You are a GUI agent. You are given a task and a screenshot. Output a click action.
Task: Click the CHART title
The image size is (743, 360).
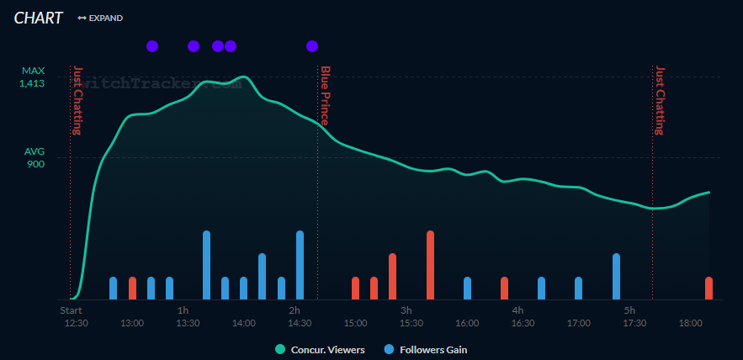38,18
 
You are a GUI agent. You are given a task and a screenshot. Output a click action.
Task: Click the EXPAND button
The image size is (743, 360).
100,18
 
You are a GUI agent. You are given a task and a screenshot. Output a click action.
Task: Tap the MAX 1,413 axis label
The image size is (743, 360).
34,77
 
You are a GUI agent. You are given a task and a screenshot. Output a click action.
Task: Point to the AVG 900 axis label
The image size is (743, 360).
34,157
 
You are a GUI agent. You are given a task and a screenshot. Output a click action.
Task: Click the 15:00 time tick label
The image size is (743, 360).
355,323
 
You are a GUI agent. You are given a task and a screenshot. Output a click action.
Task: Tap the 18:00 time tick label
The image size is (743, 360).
690,323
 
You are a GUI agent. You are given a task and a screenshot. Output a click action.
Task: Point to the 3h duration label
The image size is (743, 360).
406,310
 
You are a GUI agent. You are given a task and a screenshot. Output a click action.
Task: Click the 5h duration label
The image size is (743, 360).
629,310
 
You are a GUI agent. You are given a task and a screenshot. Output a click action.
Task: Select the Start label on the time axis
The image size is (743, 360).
71,310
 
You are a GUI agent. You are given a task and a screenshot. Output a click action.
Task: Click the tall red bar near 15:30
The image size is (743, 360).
430,265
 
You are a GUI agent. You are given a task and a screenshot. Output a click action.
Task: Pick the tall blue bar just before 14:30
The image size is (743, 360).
300,265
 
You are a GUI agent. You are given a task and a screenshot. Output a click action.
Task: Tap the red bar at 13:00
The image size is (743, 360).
132,288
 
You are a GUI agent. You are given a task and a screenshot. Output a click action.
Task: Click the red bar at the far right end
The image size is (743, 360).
709,288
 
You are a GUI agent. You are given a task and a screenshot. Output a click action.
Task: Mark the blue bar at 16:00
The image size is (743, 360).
467,288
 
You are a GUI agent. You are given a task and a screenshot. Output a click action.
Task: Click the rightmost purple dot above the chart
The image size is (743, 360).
312,46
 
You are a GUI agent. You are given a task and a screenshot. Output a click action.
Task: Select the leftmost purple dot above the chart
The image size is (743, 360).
152,46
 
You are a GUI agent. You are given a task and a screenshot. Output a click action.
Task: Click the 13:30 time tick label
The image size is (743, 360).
188,323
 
